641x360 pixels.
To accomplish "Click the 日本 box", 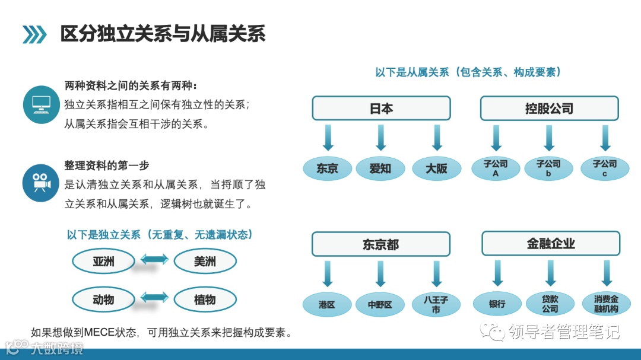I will click(381, 109).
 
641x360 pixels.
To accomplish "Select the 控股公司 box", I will click(549, 109).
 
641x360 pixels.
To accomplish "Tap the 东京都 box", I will click(381, 244).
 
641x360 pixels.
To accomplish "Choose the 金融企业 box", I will click(551, 243).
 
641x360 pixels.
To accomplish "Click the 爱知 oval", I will click(380, 168).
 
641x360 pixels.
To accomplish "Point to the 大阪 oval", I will click(436, 168).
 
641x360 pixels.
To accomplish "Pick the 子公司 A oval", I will click(496, 168).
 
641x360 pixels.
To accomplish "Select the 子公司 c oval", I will click(605, 168).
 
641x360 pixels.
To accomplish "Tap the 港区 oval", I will click(327, 304).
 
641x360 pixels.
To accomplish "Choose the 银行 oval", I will click(497, 304).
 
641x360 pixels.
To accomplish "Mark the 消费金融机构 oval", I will click(606, 304).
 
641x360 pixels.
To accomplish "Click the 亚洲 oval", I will click(103, 261).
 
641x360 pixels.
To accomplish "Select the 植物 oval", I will click(205, 300).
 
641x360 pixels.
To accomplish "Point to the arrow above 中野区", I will click(381, 273).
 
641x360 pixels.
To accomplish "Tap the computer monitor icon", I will click(41, 104).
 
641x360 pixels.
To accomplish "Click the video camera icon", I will click(41, 183).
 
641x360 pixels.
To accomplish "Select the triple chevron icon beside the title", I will click(34, 35).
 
